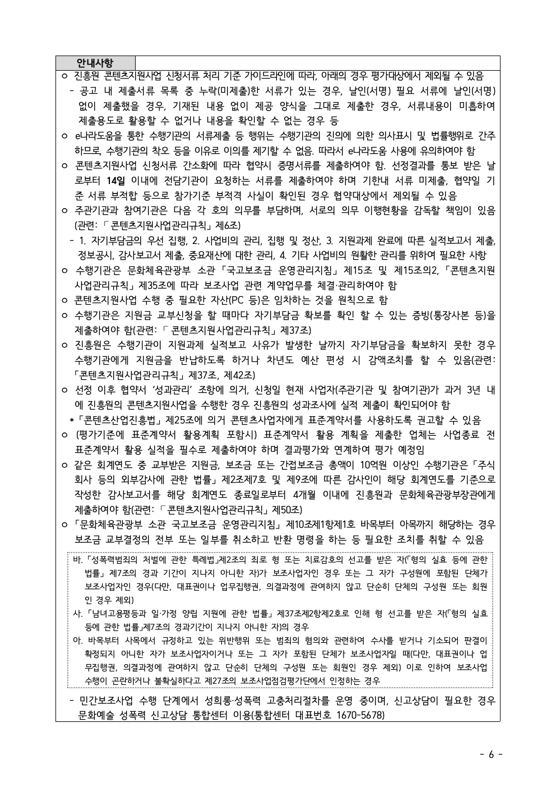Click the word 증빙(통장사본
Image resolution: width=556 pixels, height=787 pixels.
438,315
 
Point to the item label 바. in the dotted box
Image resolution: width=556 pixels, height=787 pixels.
77,559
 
